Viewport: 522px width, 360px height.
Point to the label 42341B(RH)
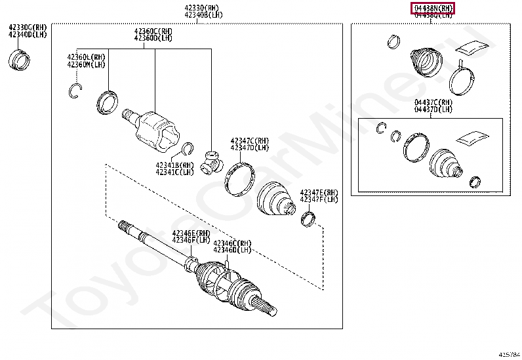(x=174, y=165)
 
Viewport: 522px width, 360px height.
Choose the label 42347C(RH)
(x=249, y=140)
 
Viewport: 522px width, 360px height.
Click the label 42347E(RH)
(x=319, y=192)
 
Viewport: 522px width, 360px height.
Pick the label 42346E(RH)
(x=191, y=233)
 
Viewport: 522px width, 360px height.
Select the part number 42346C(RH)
(x=232, y=243)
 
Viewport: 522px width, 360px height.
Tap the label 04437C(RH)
(x=433, y=102)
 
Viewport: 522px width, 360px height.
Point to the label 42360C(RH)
(x=153, y=31)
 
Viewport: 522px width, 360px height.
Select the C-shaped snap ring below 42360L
(x=75, y=91)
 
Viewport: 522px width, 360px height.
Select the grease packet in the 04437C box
(x=474, y=138)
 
